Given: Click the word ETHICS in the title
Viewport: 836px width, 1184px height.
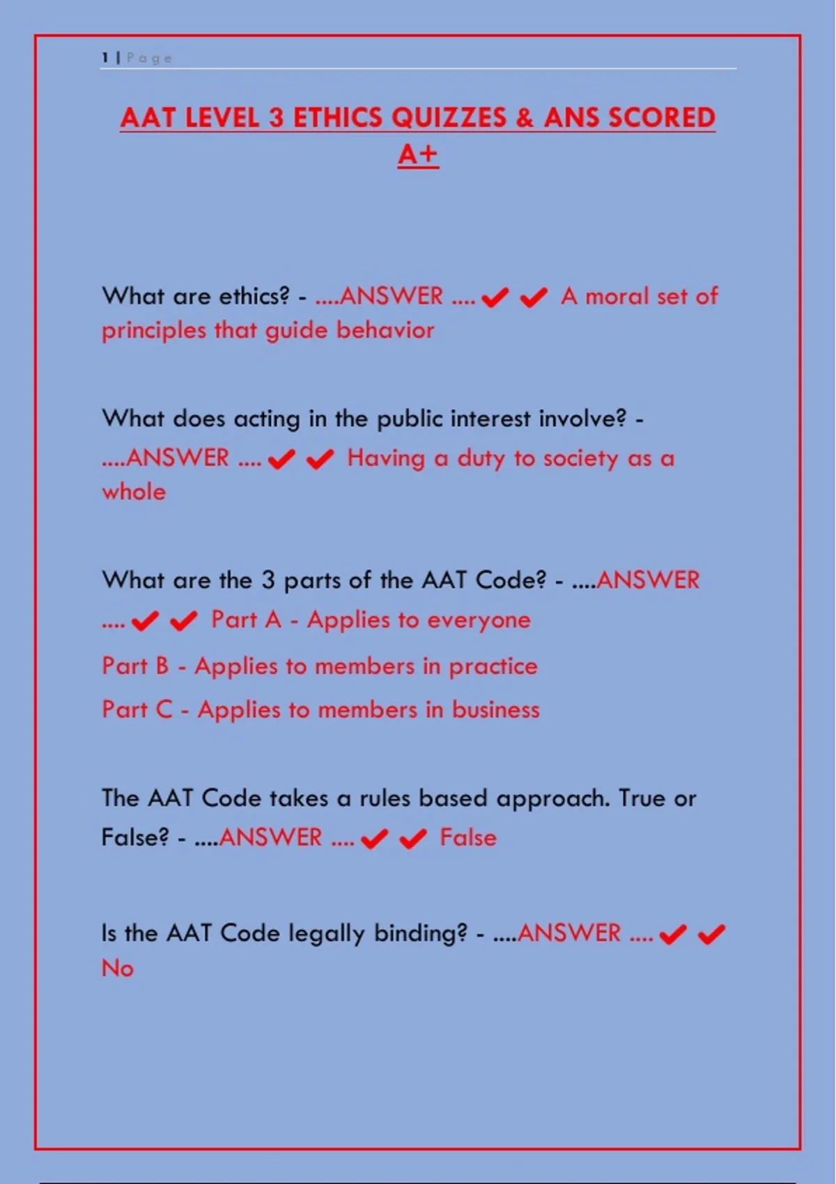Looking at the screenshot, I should [339, 117].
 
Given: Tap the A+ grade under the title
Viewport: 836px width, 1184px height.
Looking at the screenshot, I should [418, 154].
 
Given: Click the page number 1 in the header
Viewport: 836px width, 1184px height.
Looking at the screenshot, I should [105, 58].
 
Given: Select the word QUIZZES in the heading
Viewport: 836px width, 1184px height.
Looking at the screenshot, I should [449, 117].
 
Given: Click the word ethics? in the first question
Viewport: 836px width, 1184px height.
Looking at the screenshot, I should [254, 296].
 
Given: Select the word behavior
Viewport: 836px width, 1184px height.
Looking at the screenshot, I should [385, 329].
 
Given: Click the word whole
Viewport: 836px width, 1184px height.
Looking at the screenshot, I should [134, 492].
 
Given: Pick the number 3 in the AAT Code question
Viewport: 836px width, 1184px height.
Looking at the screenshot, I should [268, 580].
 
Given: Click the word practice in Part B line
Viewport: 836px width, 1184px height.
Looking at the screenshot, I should [493, 667].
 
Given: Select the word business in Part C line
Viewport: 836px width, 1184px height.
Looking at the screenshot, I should [495, 710].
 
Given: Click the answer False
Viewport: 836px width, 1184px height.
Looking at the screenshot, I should [467, 837].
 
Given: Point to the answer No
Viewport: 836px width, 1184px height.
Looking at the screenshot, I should [117, 967].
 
